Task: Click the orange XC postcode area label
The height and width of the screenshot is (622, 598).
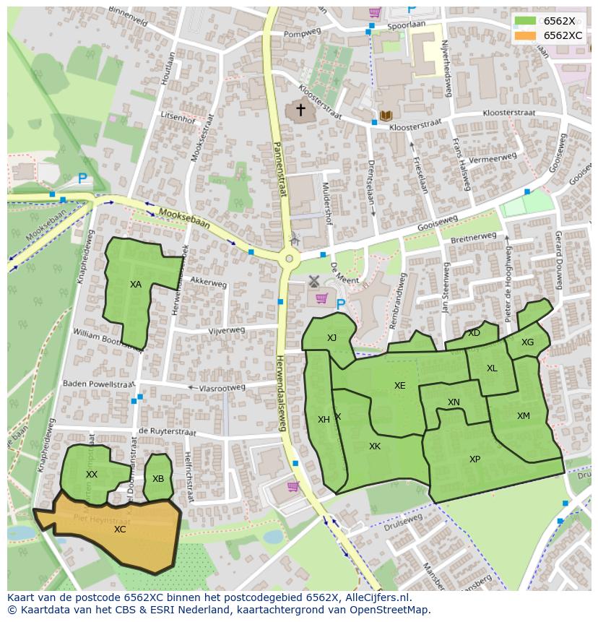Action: point(120,529)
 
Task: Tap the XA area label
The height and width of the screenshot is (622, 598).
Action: point(136,285)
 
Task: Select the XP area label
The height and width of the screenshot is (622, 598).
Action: point(474,459)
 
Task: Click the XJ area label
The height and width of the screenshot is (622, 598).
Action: point(331,338)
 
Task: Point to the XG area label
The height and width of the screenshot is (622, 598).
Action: point(527,342)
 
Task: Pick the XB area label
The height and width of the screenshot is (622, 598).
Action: point(158,478)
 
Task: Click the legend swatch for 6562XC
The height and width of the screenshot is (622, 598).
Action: point(526,35)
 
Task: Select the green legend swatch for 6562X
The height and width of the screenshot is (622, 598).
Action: point(526,21)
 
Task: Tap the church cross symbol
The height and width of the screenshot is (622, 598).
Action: point(300,110)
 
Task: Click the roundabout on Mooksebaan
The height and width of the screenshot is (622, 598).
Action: point(289,258)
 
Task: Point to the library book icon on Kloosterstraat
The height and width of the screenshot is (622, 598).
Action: point(386,116)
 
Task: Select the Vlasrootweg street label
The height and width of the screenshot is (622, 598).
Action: point(222,387)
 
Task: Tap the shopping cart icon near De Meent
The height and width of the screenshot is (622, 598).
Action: point(321,298)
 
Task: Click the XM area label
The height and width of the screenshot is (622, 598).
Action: point(523,415)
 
